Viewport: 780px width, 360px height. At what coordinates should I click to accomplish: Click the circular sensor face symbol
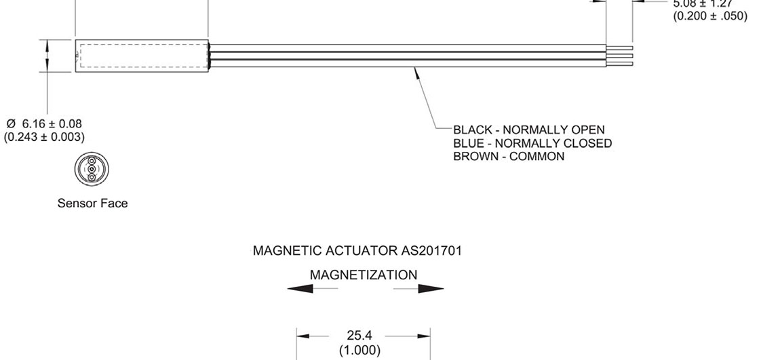(x=92, y=169)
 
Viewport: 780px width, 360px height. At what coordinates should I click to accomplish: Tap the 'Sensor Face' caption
(x=92, y=203)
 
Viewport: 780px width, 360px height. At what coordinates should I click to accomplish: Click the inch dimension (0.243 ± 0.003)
(x=44, y=137)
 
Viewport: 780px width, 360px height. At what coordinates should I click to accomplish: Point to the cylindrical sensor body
(x=142, y=56)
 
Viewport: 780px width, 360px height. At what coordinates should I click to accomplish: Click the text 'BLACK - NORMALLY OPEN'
(x=528, y=129)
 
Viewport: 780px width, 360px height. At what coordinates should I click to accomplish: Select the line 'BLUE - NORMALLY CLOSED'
(x=532, y=143)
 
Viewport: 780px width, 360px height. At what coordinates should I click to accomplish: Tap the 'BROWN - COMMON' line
(x=509, y=156)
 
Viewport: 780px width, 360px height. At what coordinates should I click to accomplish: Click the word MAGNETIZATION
(x=364, y=275)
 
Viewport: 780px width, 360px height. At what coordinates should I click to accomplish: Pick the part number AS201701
(x=431, y=250)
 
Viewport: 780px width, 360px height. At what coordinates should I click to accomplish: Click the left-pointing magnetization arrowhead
(x=300, y=289)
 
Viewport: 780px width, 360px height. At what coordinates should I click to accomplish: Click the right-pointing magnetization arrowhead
(x=431, y=289)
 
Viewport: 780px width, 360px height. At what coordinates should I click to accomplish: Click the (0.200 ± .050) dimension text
(x=710, y=16)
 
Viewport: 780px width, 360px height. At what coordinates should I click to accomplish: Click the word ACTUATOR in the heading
(x=360, y=250)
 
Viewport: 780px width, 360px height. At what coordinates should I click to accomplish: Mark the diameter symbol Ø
(x=11, y=123)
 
